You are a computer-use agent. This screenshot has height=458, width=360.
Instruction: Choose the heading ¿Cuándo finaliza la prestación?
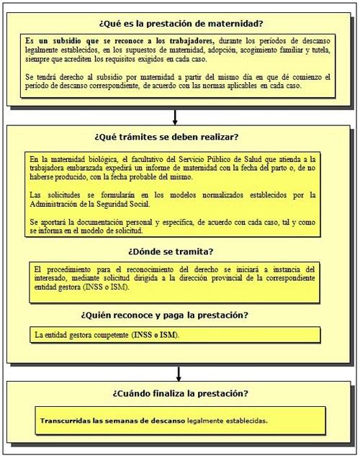pos(180,394)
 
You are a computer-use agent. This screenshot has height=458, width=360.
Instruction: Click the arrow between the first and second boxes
pos(175,115)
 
